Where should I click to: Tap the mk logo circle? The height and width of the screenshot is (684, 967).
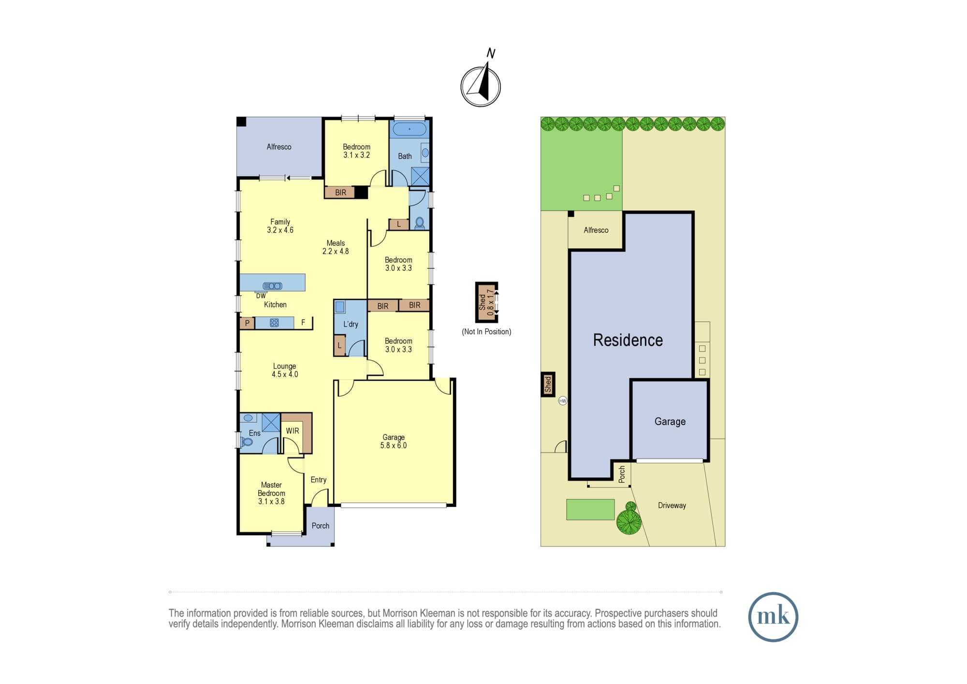773,617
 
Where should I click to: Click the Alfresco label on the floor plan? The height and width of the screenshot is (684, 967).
279,147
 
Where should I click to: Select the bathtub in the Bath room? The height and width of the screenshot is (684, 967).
410,129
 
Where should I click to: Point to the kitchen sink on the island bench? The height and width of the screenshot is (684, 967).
272,286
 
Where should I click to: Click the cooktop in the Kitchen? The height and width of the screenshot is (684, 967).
274,323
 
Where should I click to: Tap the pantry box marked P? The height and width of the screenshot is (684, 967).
247,323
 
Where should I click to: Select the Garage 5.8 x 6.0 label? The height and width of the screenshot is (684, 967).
394,441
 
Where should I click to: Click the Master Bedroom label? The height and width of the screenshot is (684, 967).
271,493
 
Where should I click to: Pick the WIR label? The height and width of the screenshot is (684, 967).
293,431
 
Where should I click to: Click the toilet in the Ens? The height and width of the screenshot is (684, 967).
247,442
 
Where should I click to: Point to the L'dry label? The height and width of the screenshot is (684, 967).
351,324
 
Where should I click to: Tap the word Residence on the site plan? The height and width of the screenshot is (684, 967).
628,340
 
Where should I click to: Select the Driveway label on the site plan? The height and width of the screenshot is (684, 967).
672,506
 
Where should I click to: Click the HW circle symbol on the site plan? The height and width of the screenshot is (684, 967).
562,401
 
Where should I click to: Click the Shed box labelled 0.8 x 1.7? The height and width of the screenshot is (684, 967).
486,302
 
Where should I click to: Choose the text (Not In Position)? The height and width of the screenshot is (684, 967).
486,331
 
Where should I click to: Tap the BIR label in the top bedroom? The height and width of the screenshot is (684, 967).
341,193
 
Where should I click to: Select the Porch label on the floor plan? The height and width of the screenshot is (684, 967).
321,526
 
